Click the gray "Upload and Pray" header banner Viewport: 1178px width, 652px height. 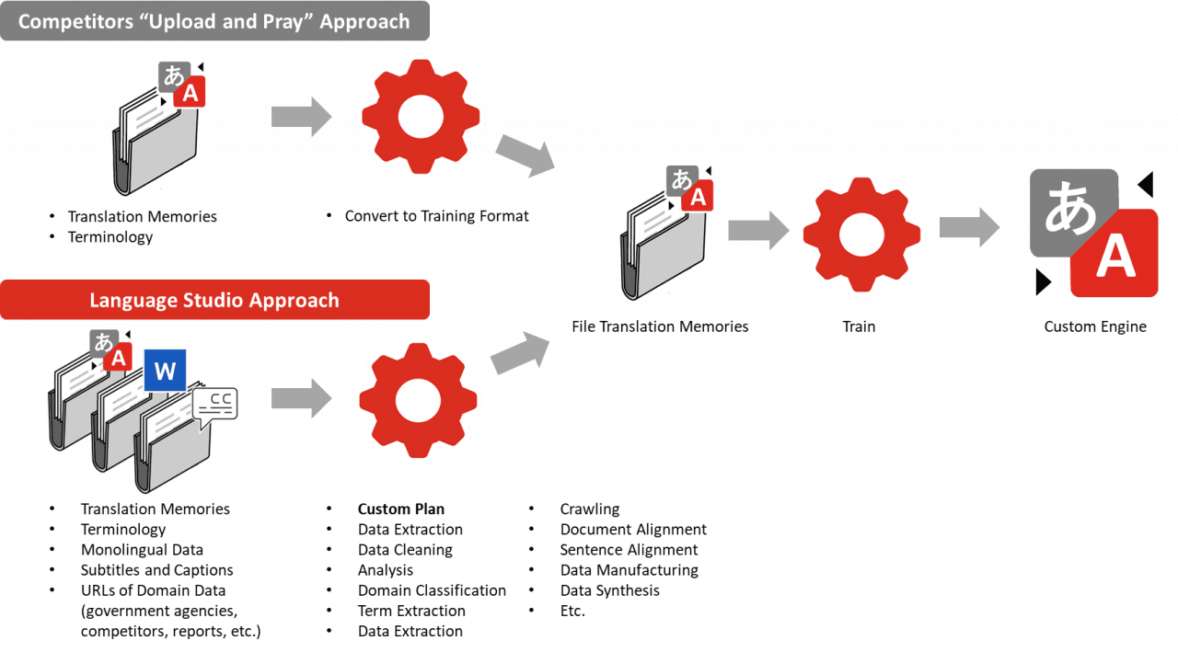pyautogui.click(x=214, y=21)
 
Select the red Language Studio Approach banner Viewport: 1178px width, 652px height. pyautogui.click(x=214, y=300)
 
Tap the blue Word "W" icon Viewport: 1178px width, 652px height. pyautogui.click(x=165, y=371)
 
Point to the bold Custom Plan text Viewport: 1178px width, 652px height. pyautogui.click(x=400, y=509)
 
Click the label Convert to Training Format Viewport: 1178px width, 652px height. pyautogui.click(x=436, y=216)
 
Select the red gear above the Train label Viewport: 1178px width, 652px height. pyautogui.click(x=861, y=234)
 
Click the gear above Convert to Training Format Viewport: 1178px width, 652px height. pyautogui.click(x=421, y=117)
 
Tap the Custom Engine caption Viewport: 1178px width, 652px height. pyautogui.click(x=1095, y=326)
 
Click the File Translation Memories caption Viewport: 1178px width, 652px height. pyautogui.click(x=660, y=326)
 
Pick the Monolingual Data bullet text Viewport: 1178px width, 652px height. pyautogui.click(x=142, y=550)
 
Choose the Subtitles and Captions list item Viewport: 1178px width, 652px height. pyautogui.click(x=156, y=570)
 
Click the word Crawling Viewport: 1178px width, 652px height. pyautogui.click(x=590, y=509)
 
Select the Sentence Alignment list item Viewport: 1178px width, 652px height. pyautogui.click(x=629, y=550)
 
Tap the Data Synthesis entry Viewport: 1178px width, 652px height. pyautogui.click(x=609, y=590)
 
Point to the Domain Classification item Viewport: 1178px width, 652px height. pyautogui.click(x=432, y=590)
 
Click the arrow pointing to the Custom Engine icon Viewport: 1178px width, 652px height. pyautogui.click(x=969, y=227)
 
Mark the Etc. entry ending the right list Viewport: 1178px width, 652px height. pyautogui.click(x=572, y=611)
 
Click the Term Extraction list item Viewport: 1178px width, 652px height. pyautogui.click(x=411, y=611)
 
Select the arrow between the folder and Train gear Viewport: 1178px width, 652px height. pyautogui.click(x=758, y=230)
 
